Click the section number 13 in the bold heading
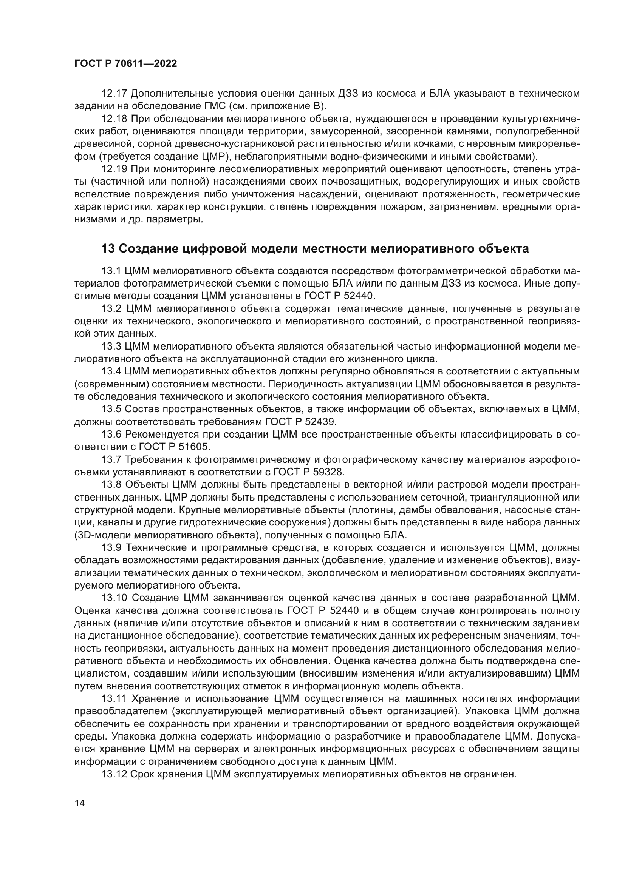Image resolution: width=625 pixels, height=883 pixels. tap(108, 249)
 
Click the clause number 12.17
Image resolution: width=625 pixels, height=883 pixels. tap(113, 94)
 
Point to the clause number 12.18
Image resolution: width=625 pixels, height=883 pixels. tap(113, 119)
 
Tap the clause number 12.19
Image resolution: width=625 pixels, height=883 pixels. tap(113, 169)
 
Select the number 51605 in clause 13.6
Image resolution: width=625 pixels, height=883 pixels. tap(192, 447)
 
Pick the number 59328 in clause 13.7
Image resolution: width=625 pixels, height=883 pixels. tap(328, 472)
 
